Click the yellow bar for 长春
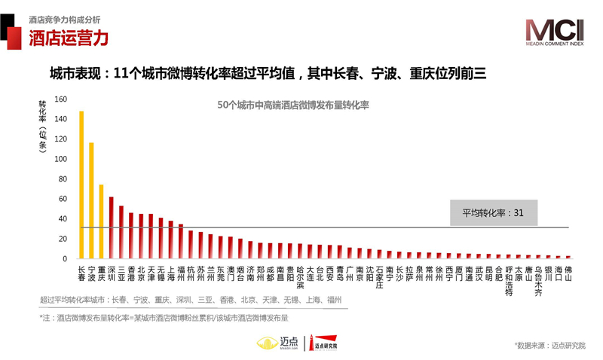tap(81, 185)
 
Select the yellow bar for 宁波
tap(91, 200)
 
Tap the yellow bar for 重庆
tap(101, 221)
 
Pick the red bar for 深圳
tap(111, 227)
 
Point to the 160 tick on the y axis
tap(61, 99)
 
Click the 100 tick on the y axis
tap(61, 159)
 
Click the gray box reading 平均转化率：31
tap(494, 213)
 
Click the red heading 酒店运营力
tap(69, 38)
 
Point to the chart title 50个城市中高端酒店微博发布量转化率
tap(292, 105)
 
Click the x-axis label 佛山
tap(568, 273)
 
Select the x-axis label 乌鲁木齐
tap(538, 279)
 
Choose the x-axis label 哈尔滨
tap(300, 276)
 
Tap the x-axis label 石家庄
tap(379, 276)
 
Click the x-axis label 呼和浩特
tap(509, 280)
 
